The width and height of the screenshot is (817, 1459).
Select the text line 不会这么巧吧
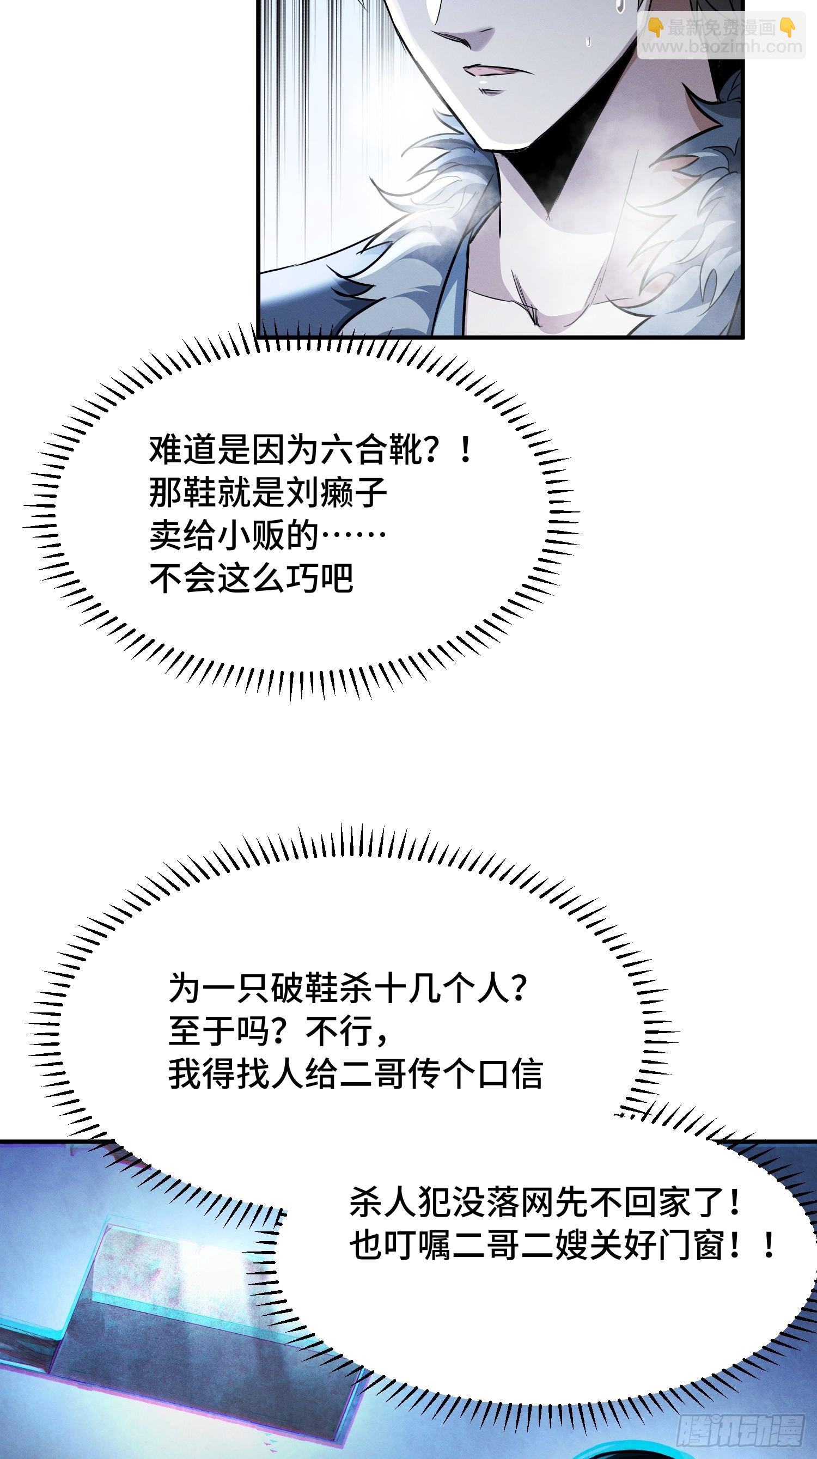(x=252, y=578)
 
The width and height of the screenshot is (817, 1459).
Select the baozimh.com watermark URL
(x=721, y=46)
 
